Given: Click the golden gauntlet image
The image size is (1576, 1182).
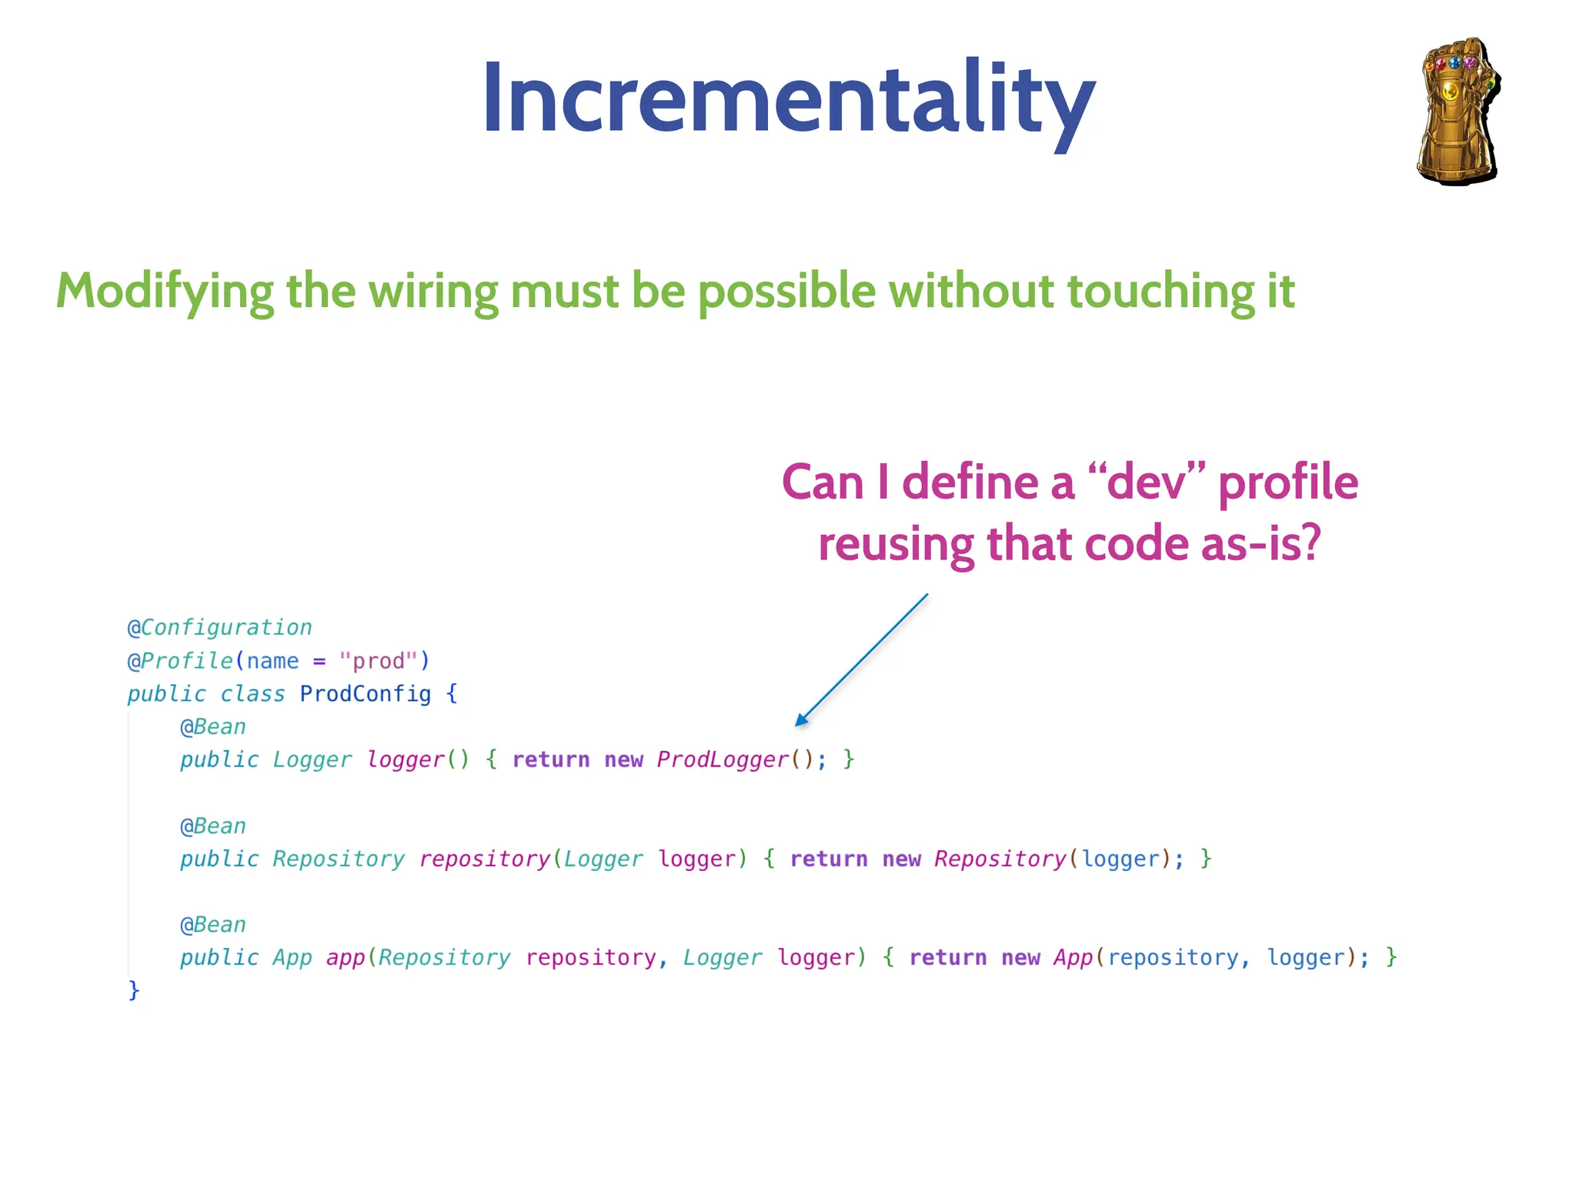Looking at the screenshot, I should [x=1457, y=112].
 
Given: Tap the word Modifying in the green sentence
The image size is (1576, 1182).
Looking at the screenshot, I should [x=164, y=292].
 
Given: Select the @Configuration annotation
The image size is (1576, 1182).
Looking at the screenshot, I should [x=220, y=627].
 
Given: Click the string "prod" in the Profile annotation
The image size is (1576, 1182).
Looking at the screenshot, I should [x=378, y=661].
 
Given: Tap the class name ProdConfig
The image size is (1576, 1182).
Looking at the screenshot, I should [x=365, y=693].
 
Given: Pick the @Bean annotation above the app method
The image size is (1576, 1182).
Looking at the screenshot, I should [x=213, y=924].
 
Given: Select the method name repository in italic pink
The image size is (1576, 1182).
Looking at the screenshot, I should [x=484, y=859].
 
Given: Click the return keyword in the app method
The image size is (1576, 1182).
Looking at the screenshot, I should [x=947, y=957].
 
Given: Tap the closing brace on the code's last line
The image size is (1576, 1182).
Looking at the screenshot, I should [x=134, y=990].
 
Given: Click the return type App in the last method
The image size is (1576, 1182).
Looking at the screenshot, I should [x=292, y=957].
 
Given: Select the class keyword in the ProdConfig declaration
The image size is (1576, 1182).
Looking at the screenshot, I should [x=252, y=693].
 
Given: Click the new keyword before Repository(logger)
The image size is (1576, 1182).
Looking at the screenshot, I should [x=901, y=859].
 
